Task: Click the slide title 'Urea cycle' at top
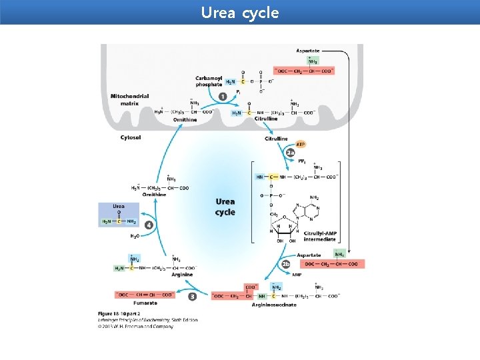[x=240, y=13]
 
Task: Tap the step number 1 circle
[x=222, y=97]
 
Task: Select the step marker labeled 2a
[x=290, y=153]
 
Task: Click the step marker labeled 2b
[x=285, y=264]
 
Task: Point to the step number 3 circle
[x=192, y=296]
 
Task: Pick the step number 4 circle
[x=149, y=225]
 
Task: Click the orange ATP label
[x=300, y=143]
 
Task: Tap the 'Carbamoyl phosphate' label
[x=209, y=81]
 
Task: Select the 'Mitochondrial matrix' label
[x=129, y=100]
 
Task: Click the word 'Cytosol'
[x=130, y=138]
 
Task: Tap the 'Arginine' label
[x=181, y=275]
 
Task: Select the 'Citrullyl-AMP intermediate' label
[x=319, y=236]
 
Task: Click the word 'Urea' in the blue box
[x=118, y=207]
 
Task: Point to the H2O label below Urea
[x=135, y=236]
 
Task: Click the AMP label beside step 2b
[x=297, y=274]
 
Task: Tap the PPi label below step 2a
[x=301, y=161]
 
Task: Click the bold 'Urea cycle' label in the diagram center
[x=225, y=207]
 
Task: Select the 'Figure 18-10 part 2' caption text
[x=124, y=313]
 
